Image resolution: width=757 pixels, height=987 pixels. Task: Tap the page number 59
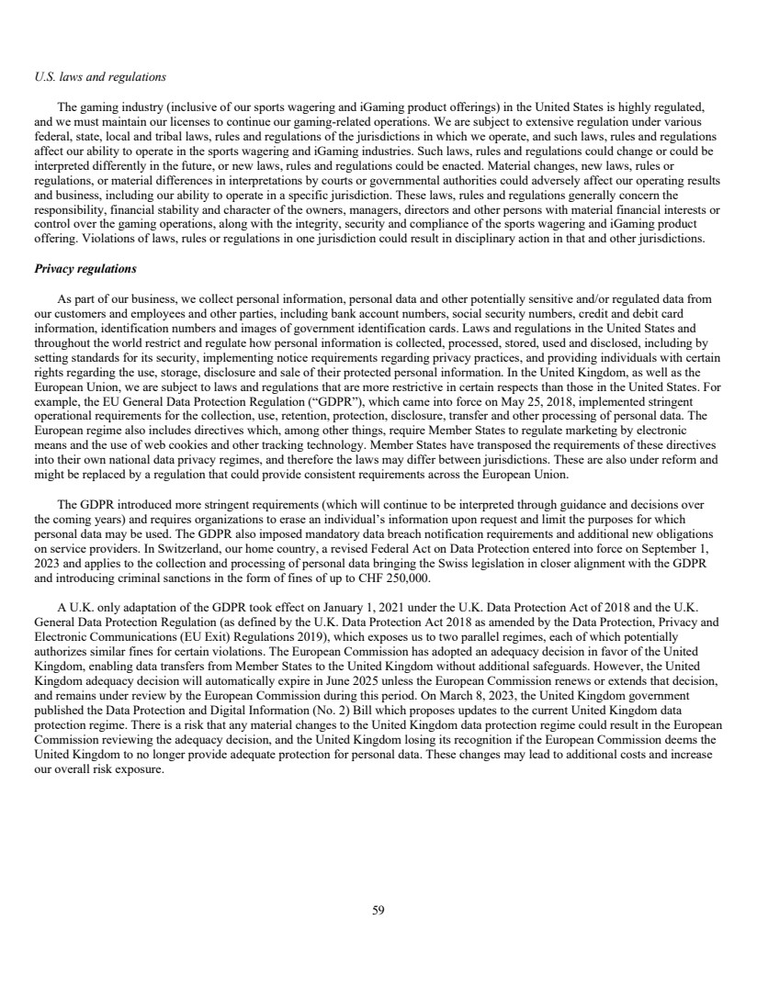click(x=378, y=911)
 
